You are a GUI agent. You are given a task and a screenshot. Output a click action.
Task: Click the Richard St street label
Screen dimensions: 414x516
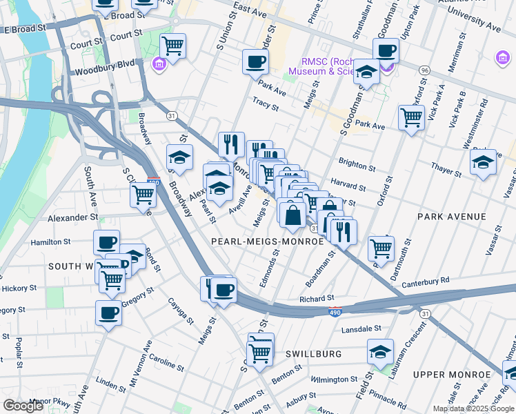click(x=317, y=299)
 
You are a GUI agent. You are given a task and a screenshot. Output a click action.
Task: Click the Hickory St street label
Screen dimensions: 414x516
click(x=18, y=287)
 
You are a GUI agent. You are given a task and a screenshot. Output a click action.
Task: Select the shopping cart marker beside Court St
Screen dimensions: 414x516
click(x=172, y=46)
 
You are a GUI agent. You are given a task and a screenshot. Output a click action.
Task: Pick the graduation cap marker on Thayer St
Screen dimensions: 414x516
click(x=483, y=163)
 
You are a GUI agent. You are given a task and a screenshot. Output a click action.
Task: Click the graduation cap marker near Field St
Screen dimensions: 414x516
click(x=380, y=352)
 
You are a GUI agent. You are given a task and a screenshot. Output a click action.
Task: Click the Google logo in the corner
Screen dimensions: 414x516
click(x=23, y=406)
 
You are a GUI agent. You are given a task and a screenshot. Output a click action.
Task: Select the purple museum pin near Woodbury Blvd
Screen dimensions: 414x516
click(x=159, y=64)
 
